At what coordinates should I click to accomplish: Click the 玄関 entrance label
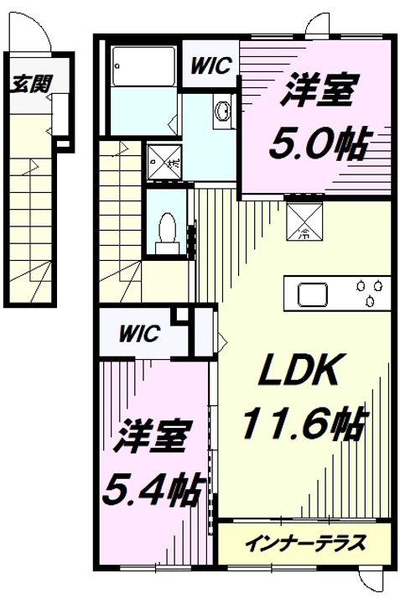pos(31,84)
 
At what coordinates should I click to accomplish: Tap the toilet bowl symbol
pos(168,233)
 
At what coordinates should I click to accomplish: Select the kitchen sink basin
pos(312,294)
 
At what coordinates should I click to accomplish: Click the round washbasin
pos(223,112)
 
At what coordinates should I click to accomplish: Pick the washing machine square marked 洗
pos(164,162)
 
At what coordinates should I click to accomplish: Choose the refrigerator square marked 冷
pos(304,221)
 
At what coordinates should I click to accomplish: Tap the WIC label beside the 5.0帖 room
pos(211,66)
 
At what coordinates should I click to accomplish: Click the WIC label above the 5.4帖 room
pos(139,334)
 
